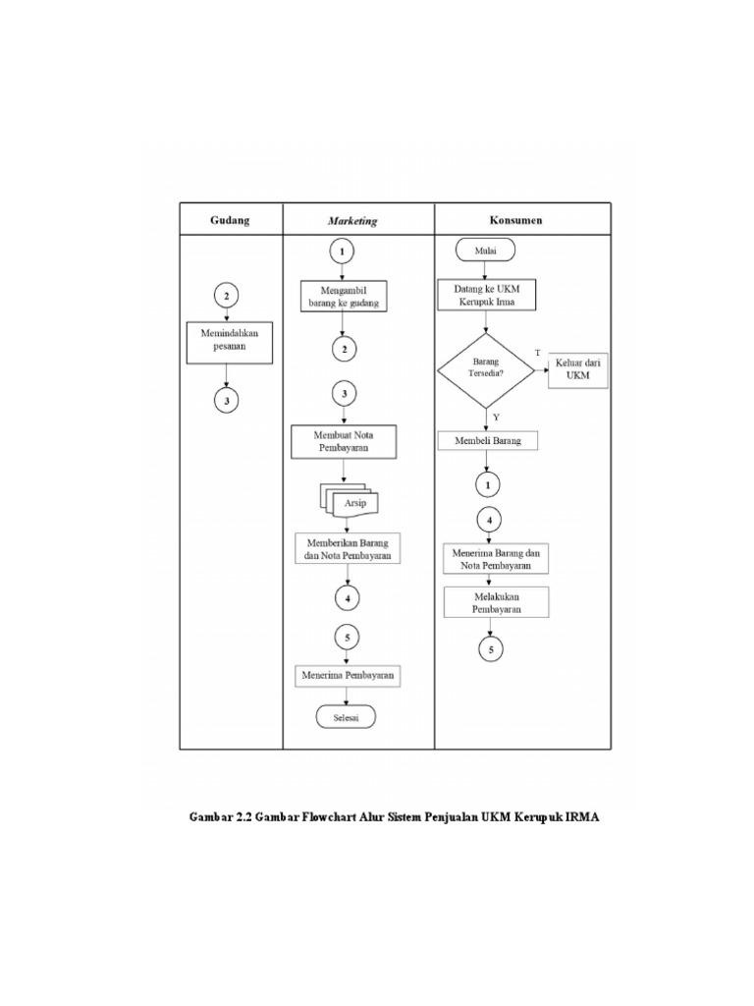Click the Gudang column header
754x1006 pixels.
230,220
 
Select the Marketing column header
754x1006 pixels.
352,221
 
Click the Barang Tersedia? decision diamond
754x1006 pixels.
486,370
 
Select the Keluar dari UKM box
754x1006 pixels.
578,368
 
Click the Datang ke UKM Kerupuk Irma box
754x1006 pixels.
488,296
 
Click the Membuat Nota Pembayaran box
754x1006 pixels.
344,441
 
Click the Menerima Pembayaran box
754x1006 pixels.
350,676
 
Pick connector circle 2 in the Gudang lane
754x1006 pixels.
227,296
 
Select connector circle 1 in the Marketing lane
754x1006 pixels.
343,251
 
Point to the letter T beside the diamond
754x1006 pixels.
537,352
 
